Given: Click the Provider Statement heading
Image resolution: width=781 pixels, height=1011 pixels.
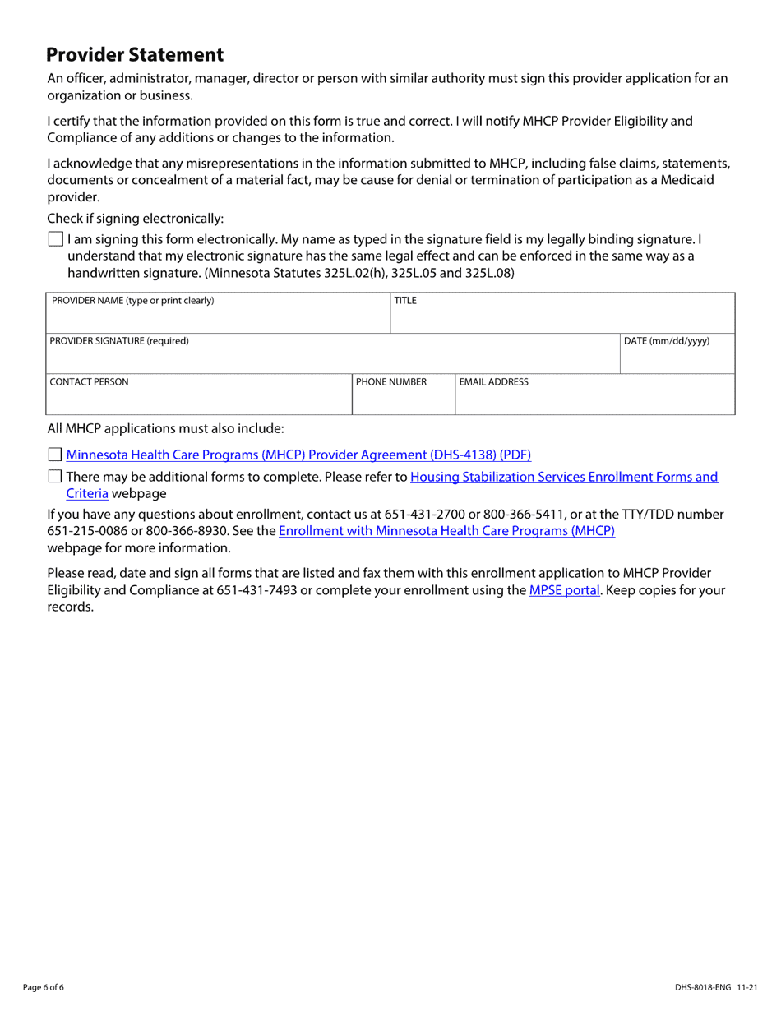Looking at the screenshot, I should pyautogui.click(x=135, y=55).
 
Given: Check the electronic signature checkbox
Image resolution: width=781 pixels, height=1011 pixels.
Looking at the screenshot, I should pyautogui.click(x=55, y=240).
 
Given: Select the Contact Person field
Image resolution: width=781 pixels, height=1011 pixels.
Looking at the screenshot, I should pyautogui.click(x=198, y=399).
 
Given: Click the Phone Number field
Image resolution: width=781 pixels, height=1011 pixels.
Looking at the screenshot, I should pyautogui.click(x=403, y=399).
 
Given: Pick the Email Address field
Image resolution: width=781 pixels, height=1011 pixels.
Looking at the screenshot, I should pyautogui.click(x=594, y=399).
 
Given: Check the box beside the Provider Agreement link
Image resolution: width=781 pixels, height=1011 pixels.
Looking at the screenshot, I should pyautogui.click(x=55, y=455).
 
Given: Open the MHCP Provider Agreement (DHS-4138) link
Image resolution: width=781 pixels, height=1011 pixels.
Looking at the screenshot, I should pyautogui.click(x=298, y=455).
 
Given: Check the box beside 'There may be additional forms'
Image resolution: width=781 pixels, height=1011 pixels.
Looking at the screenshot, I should pyautogui.click(x=55, y=477).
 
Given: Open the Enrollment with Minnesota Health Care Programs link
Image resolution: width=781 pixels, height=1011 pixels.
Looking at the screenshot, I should pyautogui.click(x=446, y=531).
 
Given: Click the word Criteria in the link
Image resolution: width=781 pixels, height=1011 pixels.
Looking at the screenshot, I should pyautogui.click(x=87, y=493).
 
